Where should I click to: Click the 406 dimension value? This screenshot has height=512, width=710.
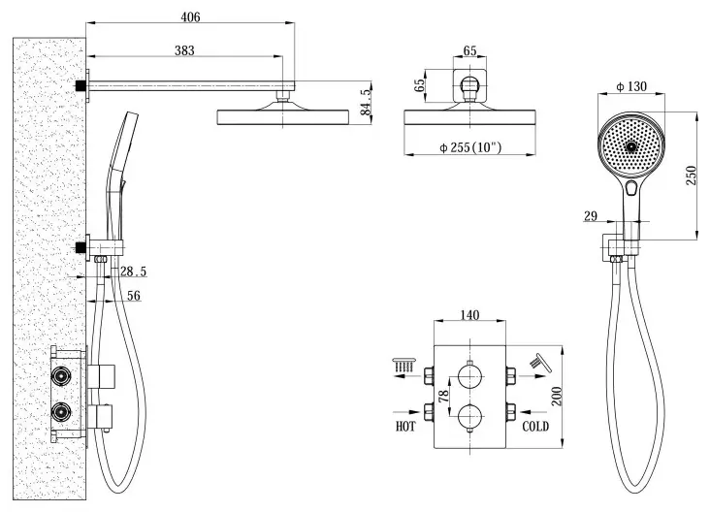click(190, 17)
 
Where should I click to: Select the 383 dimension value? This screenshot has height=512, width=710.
click(184, 50)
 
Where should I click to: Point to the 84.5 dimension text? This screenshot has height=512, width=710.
click(366, 102)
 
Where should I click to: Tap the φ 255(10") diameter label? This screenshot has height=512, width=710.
click(470, 147)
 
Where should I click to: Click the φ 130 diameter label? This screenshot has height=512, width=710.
click(631, 86)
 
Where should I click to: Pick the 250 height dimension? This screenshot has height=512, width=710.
click(691, 176)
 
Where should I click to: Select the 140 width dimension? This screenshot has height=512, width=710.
click(469, 314)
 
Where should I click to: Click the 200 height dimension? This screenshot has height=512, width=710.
click(557, 396)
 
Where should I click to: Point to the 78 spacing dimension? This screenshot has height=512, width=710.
click(444, 396)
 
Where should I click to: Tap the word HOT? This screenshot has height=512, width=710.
click(405, 426)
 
